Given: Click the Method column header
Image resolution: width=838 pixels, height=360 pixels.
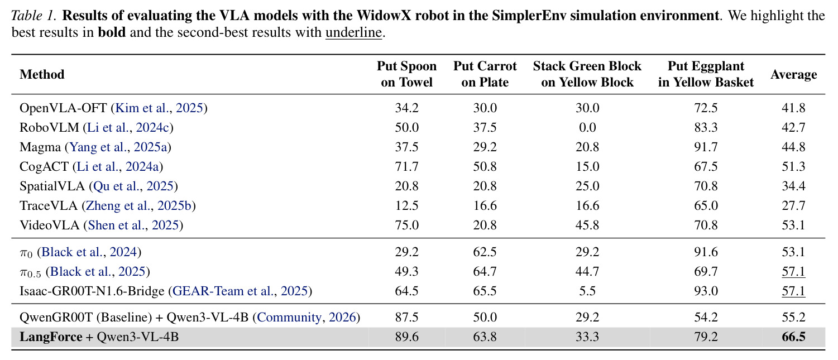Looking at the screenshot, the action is click(x=42, y=74).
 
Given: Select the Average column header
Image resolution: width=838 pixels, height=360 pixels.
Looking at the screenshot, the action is click(x=793, y=74).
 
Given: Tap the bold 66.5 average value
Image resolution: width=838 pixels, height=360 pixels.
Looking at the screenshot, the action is click(x=793, y=337).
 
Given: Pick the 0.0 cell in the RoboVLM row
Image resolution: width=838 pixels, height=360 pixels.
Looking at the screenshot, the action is click(x=587, y=127).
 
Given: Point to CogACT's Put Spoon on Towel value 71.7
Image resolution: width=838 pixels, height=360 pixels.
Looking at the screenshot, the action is click(x=406, y=166).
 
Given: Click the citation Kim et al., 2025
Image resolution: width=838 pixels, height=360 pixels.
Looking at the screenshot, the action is click(x=159, y=108).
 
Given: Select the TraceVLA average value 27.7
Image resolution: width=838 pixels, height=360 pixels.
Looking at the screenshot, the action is click(x=793, y=205).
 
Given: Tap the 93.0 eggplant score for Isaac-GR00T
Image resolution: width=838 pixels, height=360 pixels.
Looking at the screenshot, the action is click(x=706, y=291).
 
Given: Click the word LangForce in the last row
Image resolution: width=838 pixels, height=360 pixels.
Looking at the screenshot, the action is click(x=51, y=337).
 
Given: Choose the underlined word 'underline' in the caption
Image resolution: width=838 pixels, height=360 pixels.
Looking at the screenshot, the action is click(x=353, y=32).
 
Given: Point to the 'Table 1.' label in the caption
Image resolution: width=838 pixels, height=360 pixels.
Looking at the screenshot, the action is click(x=34, y=16).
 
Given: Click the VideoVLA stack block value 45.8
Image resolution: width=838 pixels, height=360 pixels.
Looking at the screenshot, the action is click(x=587, y=225).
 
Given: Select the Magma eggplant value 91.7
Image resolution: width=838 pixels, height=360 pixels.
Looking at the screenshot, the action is click(x=706, y=147).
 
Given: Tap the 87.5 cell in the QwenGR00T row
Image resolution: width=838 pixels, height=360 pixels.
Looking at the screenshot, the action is click(x=406, y=318).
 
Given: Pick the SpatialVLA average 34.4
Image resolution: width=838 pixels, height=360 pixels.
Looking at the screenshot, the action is click(x=793, y=186).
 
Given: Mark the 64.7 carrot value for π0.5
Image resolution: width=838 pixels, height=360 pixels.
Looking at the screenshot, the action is click(x=485, y=271).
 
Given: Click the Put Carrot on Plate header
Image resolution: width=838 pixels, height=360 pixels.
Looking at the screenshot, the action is click(x=485, y=74).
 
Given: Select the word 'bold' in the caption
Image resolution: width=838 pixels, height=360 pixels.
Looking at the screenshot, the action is click(x=112, y=32).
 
